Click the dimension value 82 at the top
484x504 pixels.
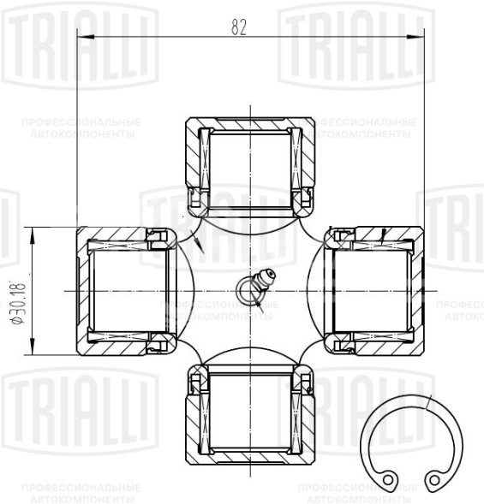[x=238, y=26]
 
